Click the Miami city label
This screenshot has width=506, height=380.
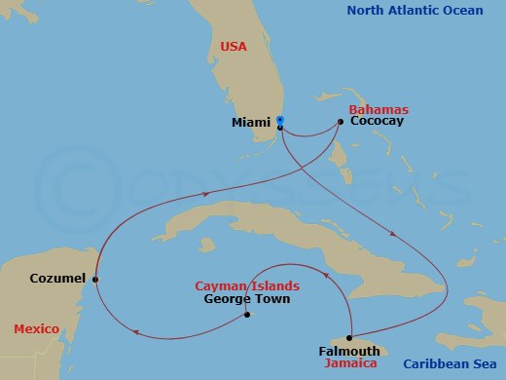pos(252,123)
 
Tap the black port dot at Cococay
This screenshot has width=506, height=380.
pos(340,122)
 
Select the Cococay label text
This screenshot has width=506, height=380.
pos(376,122)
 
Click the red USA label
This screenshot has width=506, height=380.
pos(234,46)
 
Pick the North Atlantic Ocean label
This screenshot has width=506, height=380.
pos(419,11)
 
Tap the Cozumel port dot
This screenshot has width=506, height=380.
pos(95,280)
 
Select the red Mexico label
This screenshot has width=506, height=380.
pos(37,328)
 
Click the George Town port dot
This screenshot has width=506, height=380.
pos(247,314)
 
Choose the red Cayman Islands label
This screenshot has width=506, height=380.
pos(247,286)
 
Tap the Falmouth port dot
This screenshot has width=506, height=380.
pos(347,337)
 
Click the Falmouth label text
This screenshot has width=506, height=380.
pos(348,351)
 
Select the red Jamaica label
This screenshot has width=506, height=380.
pos(348,363)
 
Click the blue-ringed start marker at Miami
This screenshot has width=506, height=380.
pos(279,120)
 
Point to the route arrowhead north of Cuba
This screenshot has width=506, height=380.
pos(207,194)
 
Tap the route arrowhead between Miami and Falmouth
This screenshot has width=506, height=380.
pos(391,234)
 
